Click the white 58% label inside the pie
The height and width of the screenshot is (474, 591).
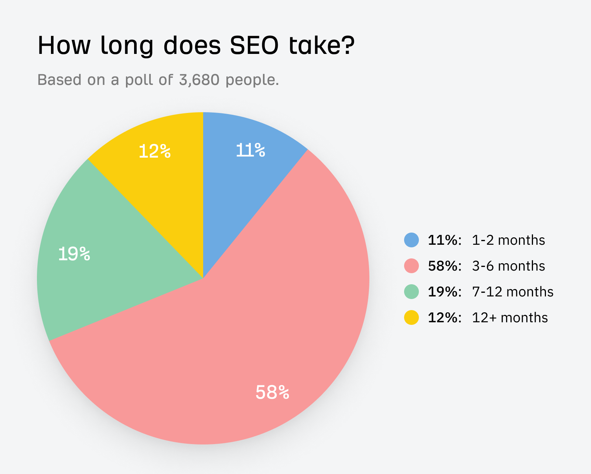coord(272,392)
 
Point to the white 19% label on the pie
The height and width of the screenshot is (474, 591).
coord(74,254)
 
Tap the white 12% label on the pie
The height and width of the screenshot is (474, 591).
coord(155,151)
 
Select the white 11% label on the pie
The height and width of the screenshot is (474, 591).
coord(251,150)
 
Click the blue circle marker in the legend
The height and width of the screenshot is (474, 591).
coord(411,240)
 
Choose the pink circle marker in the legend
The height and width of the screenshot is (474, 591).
coord(411,266)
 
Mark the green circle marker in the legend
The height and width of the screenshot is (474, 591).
coord(411,292)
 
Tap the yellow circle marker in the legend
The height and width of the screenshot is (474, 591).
coord(411,317)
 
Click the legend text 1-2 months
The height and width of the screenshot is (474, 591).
coord(508,240)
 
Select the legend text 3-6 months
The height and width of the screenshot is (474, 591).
coord(508,266)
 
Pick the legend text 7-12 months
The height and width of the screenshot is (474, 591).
coord(513,292)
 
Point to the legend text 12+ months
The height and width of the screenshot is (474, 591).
coord(510,318)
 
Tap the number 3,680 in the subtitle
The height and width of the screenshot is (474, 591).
coord(199,80)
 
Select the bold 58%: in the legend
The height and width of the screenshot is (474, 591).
coord(444,266)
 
